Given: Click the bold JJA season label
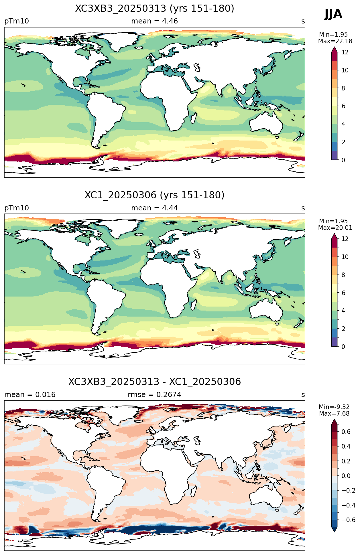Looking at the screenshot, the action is click(x=333, y=14).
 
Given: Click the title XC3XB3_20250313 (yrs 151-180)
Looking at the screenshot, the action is click(x=155, y=9).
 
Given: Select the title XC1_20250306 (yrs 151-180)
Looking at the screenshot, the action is click(x=155, y=195).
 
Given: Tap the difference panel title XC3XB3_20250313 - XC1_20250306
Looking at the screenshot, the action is click(x=155, y=382).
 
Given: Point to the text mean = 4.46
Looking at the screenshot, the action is click(x=154, y=21).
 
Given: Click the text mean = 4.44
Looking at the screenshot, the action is click(x=154, y=208).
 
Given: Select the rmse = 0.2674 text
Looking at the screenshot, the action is click(x=154, y=395).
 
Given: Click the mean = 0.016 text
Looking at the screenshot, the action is click(x=30, y=395).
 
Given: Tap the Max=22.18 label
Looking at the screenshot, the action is click(x=335, y=41).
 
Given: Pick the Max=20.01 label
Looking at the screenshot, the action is click(x=335, y=228).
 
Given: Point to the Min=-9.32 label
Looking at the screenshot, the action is click(x=334, y=407).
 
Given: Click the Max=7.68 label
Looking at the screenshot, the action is click(x=334, y=414).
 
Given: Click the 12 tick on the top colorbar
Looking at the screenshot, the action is click(x=345, y=52).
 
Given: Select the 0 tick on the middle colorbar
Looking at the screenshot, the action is click(x=343, y=347).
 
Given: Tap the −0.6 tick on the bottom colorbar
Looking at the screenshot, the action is click(x=348, y=520).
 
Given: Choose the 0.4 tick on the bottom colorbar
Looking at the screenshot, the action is click(x=346, y=447).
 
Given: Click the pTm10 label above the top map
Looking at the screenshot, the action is click(x=17, y=21).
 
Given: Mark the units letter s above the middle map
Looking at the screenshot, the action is click(x=303, y=208).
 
